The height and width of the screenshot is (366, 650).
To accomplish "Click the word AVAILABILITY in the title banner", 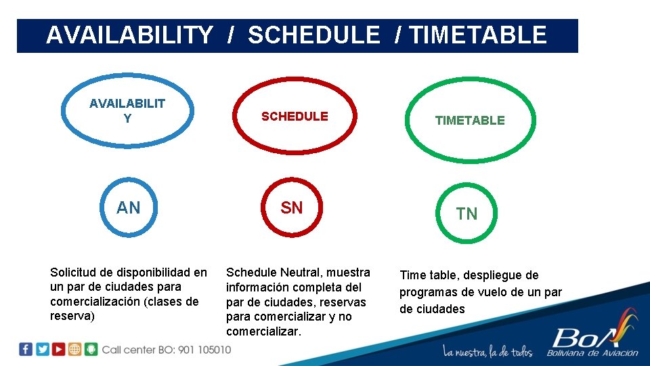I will [129, 35].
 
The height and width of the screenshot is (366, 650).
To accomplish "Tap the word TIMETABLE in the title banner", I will [478, 35].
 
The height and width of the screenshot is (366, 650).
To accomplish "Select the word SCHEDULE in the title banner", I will [314, 35].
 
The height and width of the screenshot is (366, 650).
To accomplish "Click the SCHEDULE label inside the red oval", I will [295, 117].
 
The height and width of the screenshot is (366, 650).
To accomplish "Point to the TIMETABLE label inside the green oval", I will [470, 121].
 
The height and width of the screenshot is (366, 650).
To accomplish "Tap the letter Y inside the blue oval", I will [127, 119].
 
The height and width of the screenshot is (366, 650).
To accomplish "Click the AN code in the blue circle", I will [129, 208].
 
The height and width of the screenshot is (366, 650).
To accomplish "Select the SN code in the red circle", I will [292, 208].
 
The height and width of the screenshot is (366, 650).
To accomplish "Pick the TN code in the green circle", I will [467, 214].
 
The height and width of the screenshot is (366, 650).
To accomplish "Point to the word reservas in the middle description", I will [343, 302].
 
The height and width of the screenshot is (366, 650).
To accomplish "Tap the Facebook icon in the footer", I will [26, 350].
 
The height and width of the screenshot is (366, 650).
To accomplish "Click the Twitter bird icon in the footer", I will [42, 350].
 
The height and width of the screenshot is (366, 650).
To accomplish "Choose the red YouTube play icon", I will [59, 350].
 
